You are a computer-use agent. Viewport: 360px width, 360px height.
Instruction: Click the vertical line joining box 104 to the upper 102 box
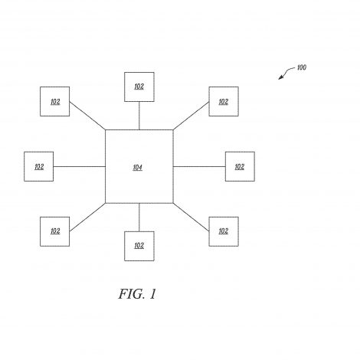tap(139, 116)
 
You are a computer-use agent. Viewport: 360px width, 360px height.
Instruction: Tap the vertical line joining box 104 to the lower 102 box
tap(139, 218)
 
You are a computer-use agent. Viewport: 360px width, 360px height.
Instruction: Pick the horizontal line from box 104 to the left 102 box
tap(80, 167)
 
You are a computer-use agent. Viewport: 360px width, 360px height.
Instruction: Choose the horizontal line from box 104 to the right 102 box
tap(199, 167)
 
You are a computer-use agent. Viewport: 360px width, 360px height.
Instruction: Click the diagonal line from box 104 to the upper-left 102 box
tap(87, 116)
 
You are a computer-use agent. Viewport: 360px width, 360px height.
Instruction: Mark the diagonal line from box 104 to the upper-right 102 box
tap(191, 116)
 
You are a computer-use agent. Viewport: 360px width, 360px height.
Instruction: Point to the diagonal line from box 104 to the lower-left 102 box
tap(87, 218)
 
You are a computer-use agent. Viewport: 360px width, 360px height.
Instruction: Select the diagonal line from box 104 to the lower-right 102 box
tap(191, 218)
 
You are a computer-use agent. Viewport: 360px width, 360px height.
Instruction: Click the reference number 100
tap(302, 67)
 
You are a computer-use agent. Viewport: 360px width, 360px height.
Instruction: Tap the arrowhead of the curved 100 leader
tap(280, 77)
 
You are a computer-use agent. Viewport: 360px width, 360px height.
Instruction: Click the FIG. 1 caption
tap(137, 294)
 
